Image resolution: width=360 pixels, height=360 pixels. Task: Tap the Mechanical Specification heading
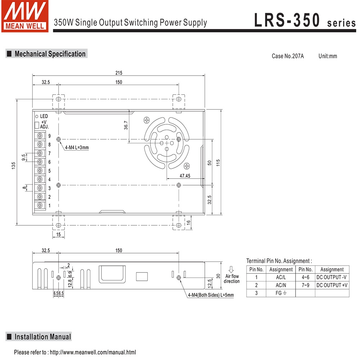pyautogui.click(x=50, y=54)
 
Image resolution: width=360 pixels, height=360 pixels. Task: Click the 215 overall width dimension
pyautogui.click(x=118, y=73)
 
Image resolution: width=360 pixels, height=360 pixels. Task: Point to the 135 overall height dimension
pyautogui.click(x=13, y=165)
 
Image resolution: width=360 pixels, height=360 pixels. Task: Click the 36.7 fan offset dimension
pyautogui.click(x=126, y=125)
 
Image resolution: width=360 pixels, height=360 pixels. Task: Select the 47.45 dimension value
pyautogui.click(x=185, y=176)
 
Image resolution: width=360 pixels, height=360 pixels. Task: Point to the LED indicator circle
pyautogui.click(x=36, y=116)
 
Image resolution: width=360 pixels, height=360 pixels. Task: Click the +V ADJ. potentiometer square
pyautogui.click(x=36, y=125)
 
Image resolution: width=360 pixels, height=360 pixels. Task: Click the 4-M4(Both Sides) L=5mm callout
pyautogui.click(x=211, y=295)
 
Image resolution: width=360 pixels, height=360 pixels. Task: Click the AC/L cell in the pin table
pyautogui.click(x=281, y=277)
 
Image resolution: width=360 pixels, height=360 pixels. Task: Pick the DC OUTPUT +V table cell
pyautogui.click(x=332, y=285)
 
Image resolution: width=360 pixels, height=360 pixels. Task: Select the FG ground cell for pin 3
pyautogui.click(x=281, y=293)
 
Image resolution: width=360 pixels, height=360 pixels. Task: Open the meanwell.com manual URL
pyautogui.click(x=93, y=352)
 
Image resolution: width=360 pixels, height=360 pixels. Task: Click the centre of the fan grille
pyautogui.click(x=166, y=143)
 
